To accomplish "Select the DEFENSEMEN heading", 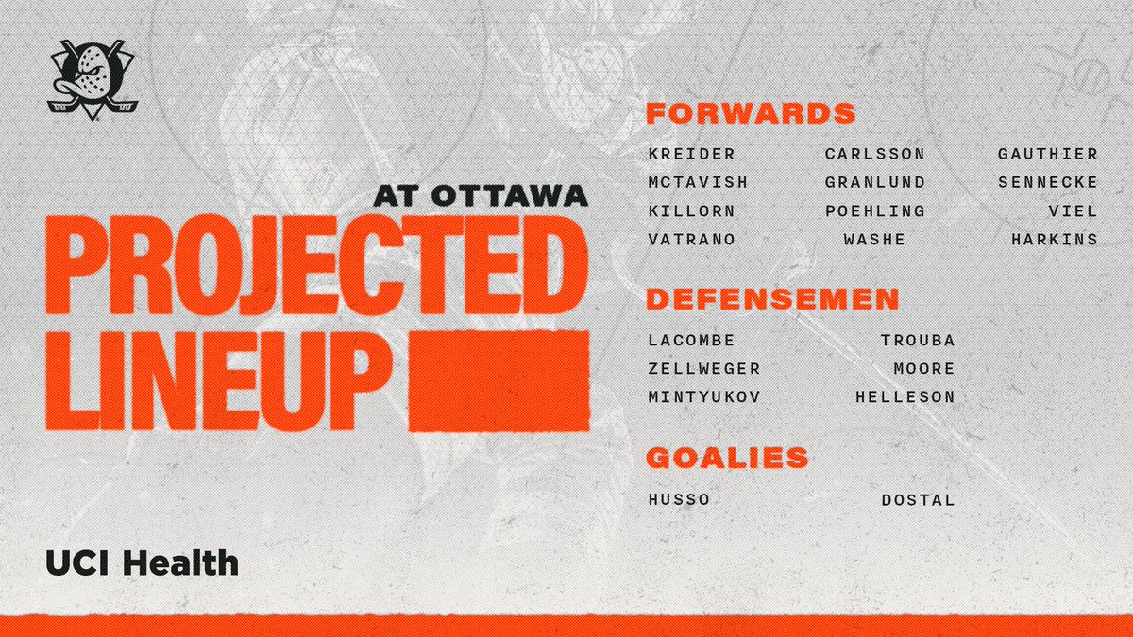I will click(x=771, y=300).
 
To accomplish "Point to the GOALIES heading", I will click(x=727, y=459).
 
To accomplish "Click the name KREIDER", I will click(x=691, y=154).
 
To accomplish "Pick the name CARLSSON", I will click(x=874, y=154).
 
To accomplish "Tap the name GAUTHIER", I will click(x=1048, y=154).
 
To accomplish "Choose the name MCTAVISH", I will click(x=698, y=182).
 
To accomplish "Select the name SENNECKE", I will click(x=1048, y=182).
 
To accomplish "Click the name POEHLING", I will click(x=874, y=210).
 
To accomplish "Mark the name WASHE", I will click(x=874, y=240).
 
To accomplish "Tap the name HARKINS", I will click(x=1054, y=240).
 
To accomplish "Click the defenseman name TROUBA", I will click(x=918, y=341).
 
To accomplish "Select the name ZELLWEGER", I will click(x=704, y=369).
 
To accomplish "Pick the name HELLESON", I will click(x=905, y=397).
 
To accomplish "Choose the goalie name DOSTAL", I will click(x=918, y=499).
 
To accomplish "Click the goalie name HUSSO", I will click(x=679, y=499).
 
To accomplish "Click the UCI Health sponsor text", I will click(x=142, y=564).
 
